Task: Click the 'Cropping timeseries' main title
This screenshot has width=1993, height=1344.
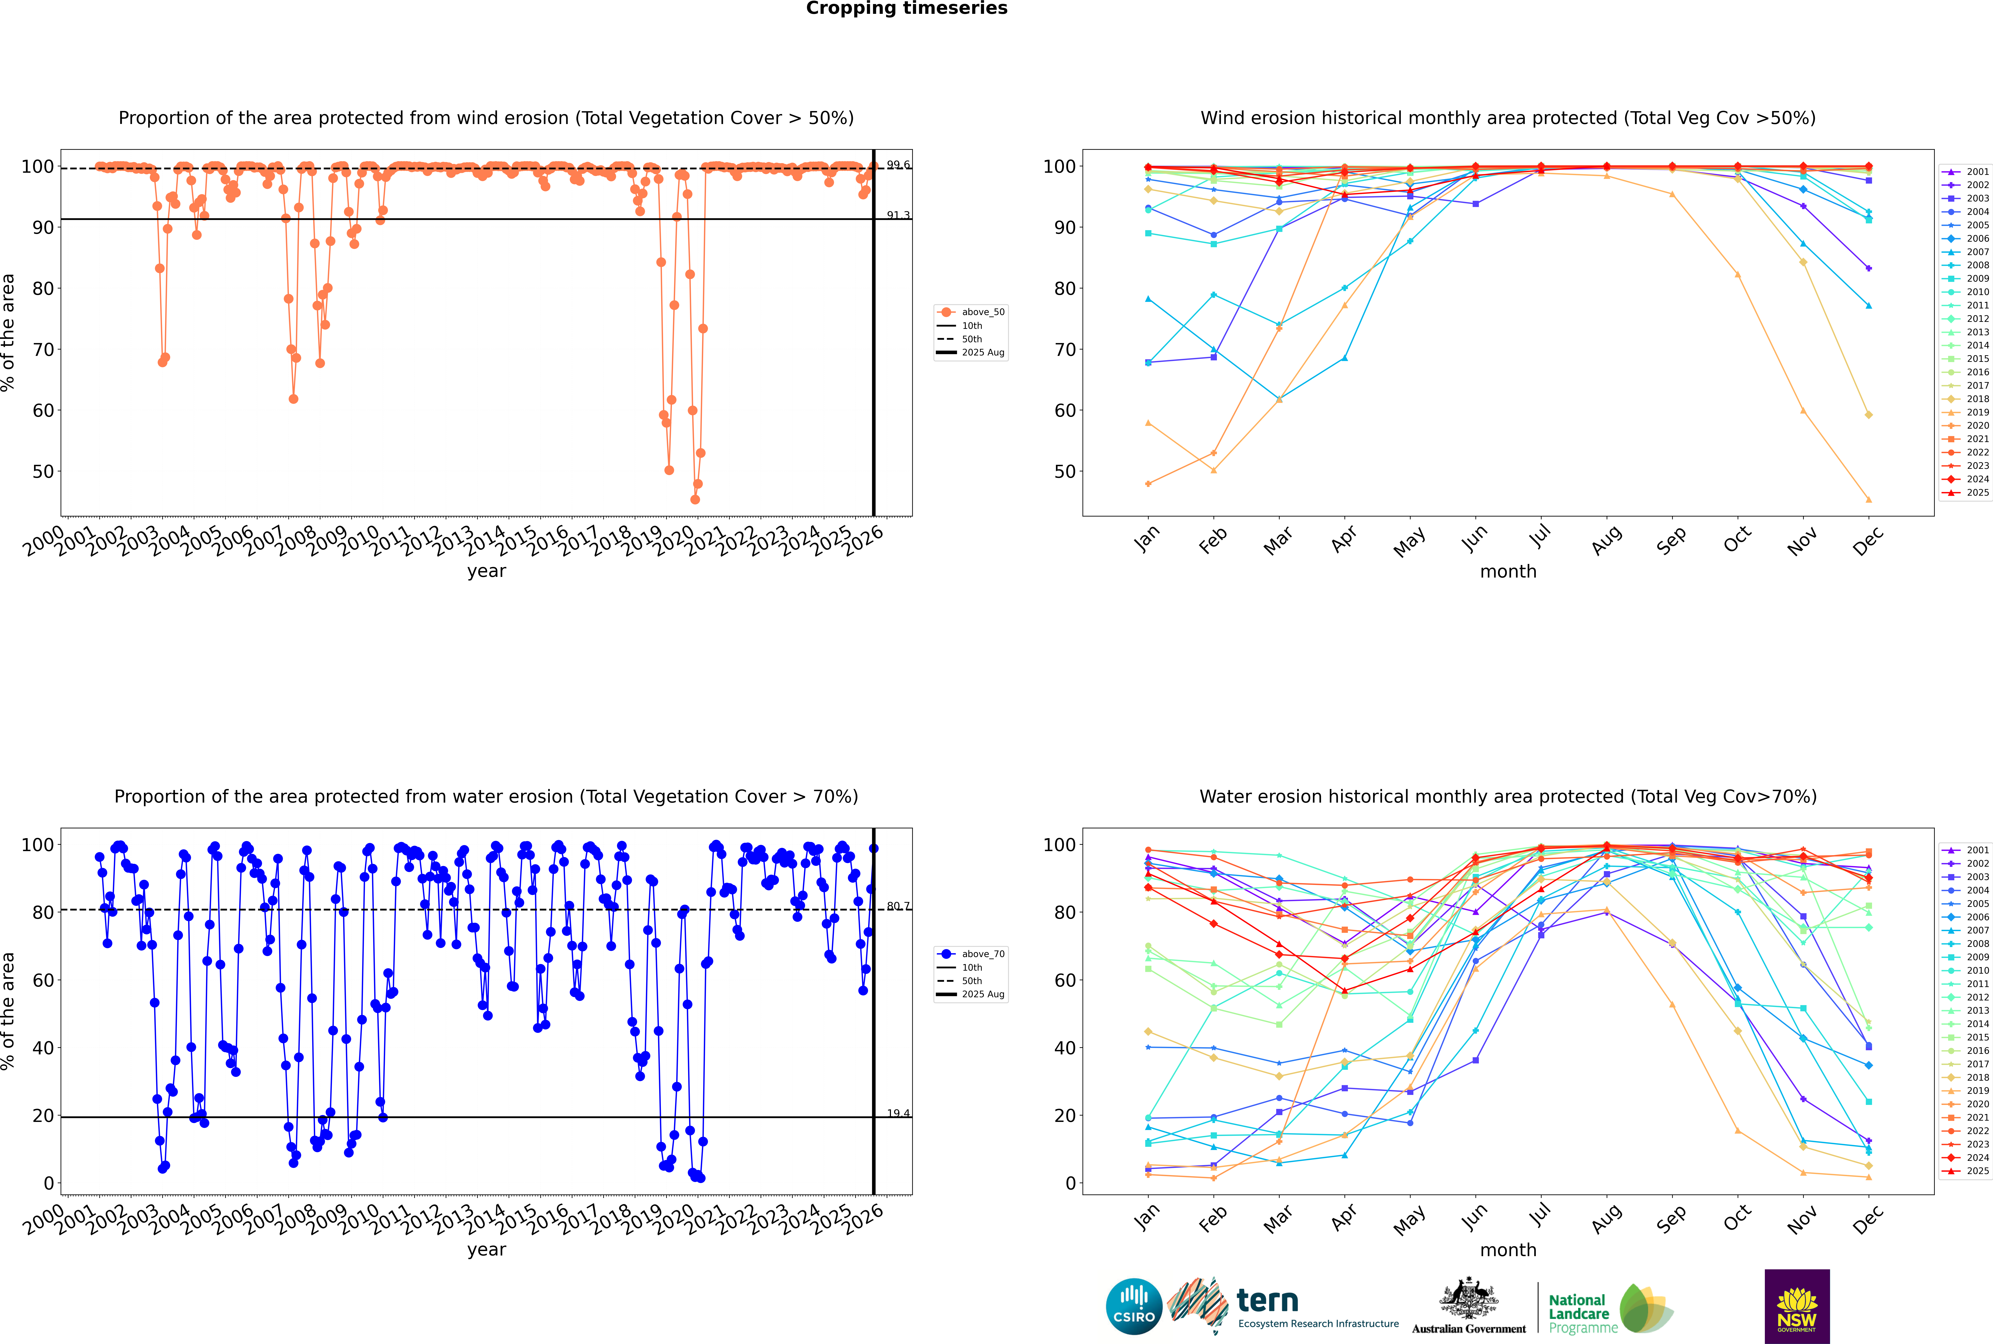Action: click(906, 9)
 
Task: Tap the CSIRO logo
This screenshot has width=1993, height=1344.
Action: click(1134, 1306)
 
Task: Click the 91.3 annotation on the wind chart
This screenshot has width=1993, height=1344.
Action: click(898, 215)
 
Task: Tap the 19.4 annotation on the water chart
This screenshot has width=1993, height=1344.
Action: click(898, 1113)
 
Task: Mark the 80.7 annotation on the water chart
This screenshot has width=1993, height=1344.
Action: click(898, 906)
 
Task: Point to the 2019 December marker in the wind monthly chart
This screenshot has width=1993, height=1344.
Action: click(1869, 500)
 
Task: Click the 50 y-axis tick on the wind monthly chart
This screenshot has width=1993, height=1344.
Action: click(1064, 471)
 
